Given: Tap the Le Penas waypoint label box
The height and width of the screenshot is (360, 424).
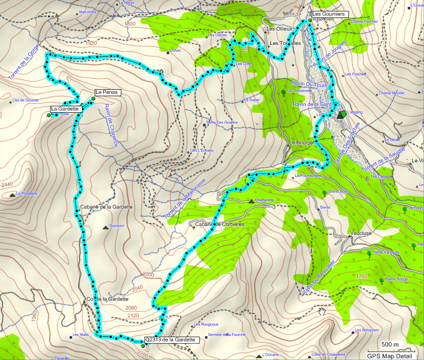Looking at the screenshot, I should coord(108,92).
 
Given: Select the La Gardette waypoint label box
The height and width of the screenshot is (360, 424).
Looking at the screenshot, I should coord(66,109).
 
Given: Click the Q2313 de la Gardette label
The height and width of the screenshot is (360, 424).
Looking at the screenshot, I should coord(169,339).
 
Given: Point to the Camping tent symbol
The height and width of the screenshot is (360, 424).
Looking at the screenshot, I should coord(341,114).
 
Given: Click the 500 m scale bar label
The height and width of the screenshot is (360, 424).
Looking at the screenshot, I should coord(390,344).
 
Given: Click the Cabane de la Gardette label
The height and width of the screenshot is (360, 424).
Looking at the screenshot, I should coord(106,207).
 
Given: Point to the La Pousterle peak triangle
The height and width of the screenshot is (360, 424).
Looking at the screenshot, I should coord(12,194).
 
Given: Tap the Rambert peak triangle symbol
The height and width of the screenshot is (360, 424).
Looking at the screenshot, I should coord(105,227).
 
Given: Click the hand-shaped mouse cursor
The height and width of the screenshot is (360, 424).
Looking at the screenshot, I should coord(322,310).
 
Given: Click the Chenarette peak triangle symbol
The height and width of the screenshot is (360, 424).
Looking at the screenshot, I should coord(251,201).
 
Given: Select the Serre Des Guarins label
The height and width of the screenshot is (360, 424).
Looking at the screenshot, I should coord(222,123).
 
